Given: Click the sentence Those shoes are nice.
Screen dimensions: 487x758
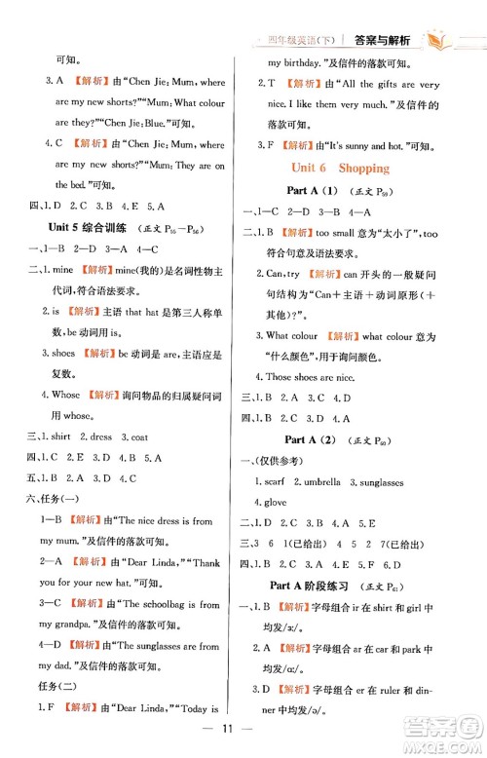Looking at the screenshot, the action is (x=313, y=376).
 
